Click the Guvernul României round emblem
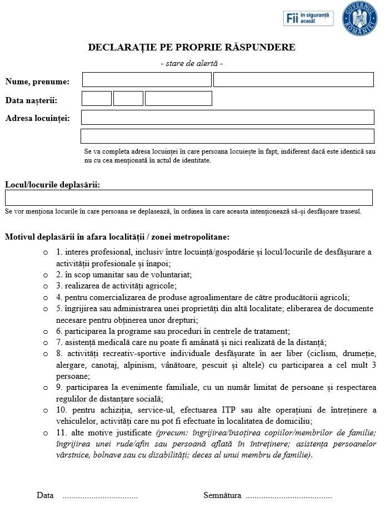tap(359, 18)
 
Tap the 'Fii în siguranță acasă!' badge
tap(308, 18)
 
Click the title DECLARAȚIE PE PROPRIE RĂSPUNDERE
tap(192, 47)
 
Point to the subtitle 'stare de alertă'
tap(192, 64)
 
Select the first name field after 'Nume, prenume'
tap(147, 80)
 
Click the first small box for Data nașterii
tap(97, 99)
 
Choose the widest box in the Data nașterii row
tap(178, 99)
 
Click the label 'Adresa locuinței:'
tap(38, 118)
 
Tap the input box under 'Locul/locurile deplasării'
tap(189, 198)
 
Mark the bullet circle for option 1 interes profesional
tap(46, 252)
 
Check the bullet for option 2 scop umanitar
tap(46, 275)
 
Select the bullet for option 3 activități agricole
tap(46, 286)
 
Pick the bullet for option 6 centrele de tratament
tap(46, 331)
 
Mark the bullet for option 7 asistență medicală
tap(46, 342)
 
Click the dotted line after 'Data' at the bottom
tap(100, 496)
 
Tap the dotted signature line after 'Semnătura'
tap(289, 496)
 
